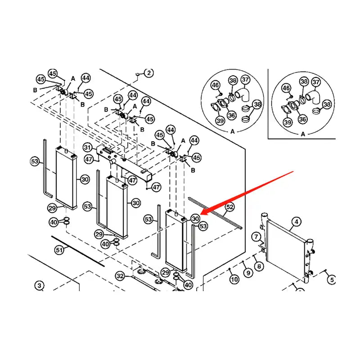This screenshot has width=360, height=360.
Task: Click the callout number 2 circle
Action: point(149,72)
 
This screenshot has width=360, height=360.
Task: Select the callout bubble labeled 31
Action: point(88,148)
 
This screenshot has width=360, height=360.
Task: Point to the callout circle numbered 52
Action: point(230,207)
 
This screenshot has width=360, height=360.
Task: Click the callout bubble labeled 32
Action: point(120,275)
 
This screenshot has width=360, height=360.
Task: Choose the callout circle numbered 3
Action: point(40,285)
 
